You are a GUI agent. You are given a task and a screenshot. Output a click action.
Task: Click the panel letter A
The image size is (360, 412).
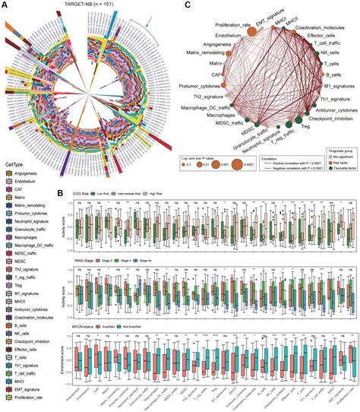pyautogui.click(x=7, y=5)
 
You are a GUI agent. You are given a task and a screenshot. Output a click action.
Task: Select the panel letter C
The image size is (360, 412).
pyautogui.click(x=188, y=5)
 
